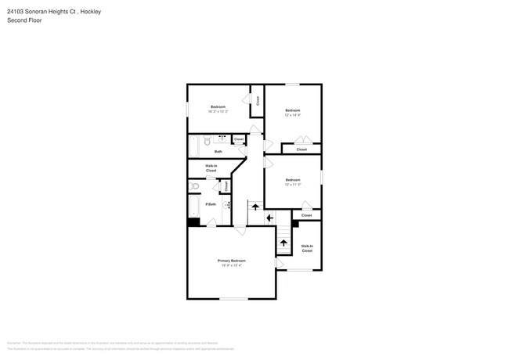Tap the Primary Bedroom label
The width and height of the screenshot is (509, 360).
[x=231, y=261]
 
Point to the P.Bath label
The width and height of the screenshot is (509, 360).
[x=211, y=204]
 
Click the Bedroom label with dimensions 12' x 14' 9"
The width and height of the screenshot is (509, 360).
[x=293, y=110]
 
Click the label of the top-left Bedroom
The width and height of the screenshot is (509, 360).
[x=218, y=106]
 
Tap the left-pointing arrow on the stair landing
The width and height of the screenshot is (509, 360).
[x=269, y=218]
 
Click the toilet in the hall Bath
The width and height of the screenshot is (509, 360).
[x=207, y=142]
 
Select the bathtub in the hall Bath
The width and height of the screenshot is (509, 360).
[x=194, y=148]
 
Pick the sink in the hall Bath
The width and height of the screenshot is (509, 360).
[x=222, y=139]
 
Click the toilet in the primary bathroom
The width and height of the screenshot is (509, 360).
[x=195, y=186]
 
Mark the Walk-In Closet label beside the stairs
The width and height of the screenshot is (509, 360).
[x=306, y=248]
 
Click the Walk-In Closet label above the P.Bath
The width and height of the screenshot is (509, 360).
[x=211, y=167]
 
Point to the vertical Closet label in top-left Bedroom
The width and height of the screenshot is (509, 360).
[x=257, y=100]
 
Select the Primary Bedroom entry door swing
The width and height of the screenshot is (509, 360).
[x=240, y=230]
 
